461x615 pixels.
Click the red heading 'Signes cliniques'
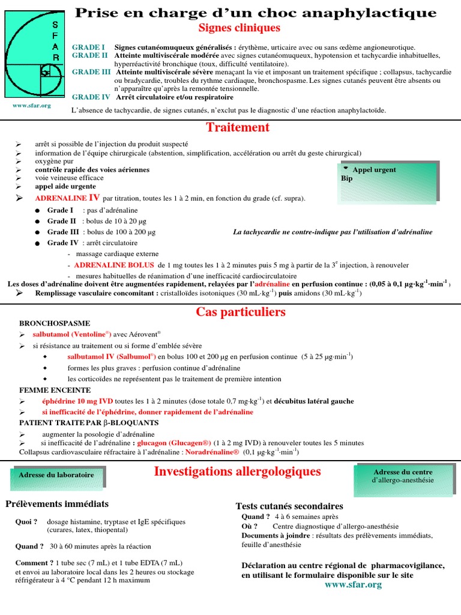pyautogui.click(x=239, y=28)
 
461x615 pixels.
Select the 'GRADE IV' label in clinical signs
pyautogui.click(x=91, y=97)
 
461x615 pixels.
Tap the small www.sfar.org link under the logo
pyautogui.click(x=32, y=106)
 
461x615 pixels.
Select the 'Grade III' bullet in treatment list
pyautogui.click(x=63, y=232)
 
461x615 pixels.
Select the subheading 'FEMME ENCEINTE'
pyautogui.click(x=50, y=390)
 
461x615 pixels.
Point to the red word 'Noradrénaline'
pyautogui.click(x=212, y=452)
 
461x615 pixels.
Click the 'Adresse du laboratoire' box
pyautogui.click(x=56, y=476)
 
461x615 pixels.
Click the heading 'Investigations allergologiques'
pyautogui.click(x=237, y=471)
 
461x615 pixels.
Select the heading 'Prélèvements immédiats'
pyautogui.click(x=57, y=504)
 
